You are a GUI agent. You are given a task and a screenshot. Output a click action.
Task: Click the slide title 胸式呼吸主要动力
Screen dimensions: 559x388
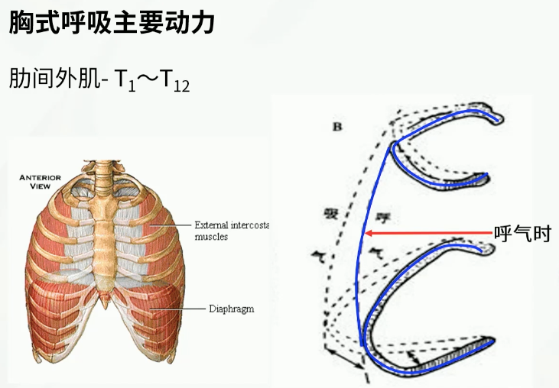click(x=112, y=22)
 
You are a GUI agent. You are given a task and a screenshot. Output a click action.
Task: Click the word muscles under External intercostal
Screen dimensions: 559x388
click(x=211, y=237)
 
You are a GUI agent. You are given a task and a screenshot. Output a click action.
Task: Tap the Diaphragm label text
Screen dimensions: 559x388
click(x=231, y=309)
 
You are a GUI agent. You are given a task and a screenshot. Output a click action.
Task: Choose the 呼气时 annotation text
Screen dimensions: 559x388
click(x=523, y=234)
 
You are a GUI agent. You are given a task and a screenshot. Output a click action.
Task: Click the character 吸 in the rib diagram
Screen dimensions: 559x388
click(x=331, y=213)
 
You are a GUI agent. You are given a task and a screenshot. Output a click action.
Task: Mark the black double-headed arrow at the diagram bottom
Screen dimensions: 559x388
click(x=341, y=357)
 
